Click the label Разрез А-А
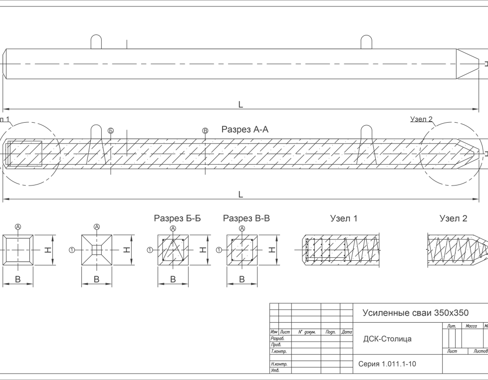pos(244,130)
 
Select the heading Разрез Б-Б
pos(177,218)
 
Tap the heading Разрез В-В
pos(246,218)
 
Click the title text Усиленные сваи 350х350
pos(415,313)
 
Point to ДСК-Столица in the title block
pos(387,339)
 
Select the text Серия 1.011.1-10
pos(387,364)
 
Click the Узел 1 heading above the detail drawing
pos(344,218)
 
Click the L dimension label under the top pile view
pos(241,104)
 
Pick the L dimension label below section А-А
pos(241,194)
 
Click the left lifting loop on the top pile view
pos(96,42)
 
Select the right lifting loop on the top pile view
pos(366,42)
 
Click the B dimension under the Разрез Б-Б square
pos(173,279)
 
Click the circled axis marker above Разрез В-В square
pos(242,228)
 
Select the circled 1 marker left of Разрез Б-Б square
pos(149,249)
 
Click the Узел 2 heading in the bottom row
pos(453,218)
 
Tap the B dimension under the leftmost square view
pos(17,279)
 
